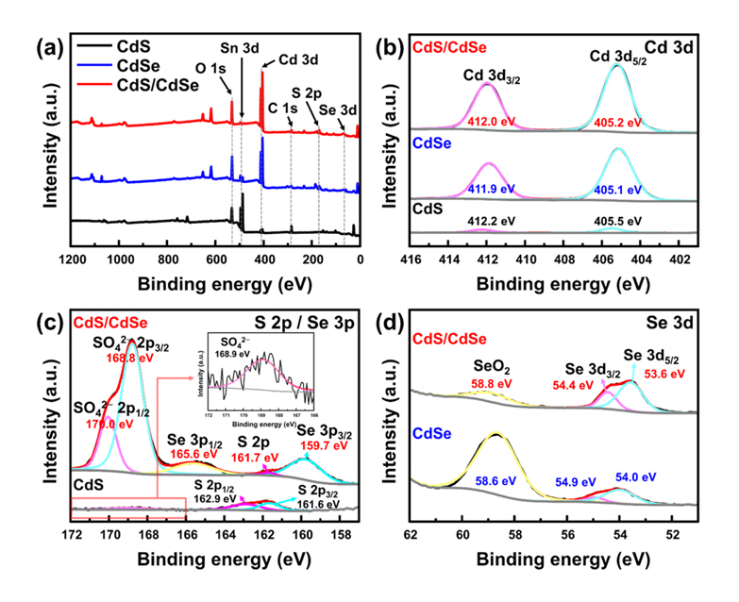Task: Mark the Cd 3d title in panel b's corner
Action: click(x=672, y=46)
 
